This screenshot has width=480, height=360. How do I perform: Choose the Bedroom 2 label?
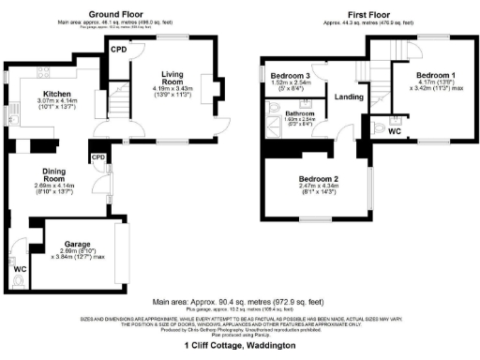[x=318, y=177]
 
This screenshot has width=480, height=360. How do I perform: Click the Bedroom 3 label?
[x=290, y=75]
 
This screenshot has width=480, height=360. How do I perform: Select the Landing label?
[x=349, y=96]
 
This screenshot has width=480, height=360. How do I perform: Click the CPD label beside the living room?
[x=119, y=48]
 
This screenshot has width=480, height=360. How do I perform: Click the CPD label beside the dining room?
[x=98, y=157]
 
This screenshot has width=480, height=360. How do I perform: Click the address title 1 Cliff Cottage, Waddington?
[x=239, y=346]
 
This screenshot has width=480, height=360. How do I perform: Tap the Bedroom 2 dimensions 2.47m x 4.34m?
[x=318, y=188]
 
